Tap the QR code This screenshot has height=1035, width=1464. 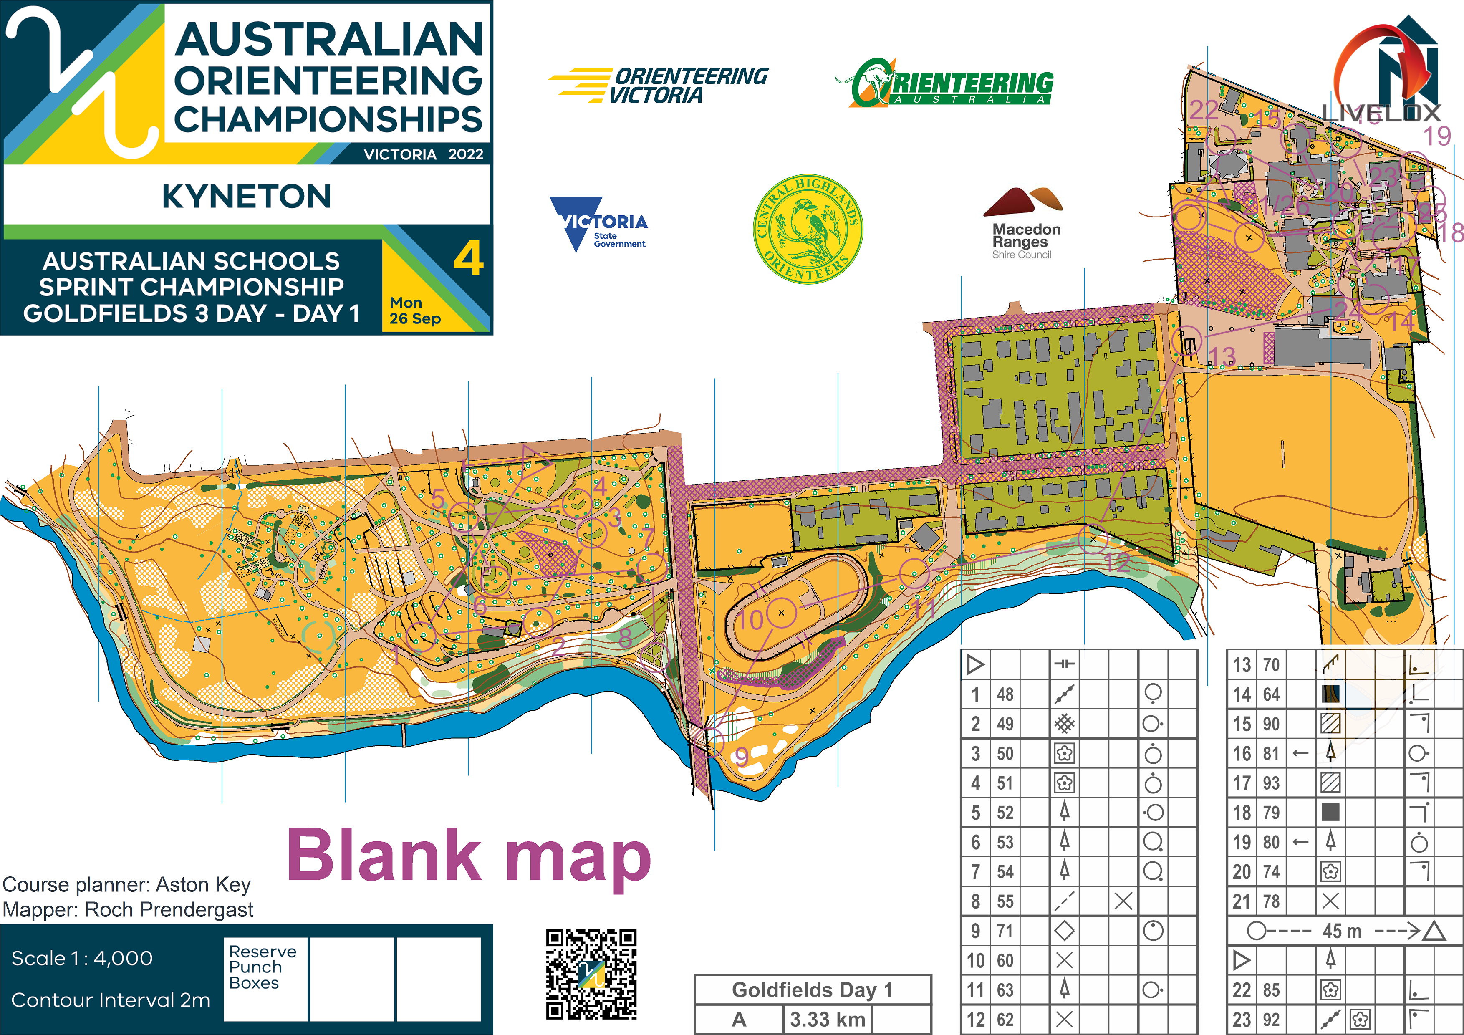591,973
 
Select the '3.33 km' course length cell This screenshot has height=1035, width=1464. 827,1019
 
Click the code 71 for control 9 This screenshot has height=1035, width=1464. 1005,931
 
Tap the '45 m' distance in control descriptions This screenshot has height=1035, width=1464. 1342,931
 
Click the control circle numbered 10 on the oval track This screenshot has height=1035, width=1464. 781,613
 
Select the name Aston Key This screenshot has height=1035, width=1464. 203,884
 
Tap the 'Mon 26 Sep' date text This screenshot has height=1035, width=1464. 414,310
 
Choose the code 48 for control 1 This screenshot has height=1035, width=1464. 1005,694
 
